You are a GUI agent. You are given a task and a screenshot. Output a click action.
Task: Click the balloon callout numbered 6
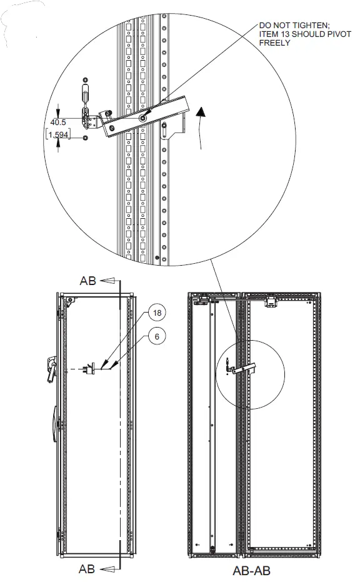157,336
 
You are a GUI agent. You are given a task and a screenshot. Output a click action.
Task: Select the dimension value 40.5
59,122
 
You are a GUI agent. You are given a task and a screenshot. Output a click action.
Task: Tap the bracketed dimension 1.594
59,135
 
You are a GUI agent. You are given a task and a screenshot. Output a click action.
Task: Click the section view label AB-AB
252,570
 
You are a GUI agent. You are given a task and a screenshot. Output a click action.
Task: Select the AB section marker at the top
87,281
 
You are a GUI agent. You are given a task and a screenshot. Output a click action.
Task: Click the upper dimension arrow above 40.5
58,108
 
